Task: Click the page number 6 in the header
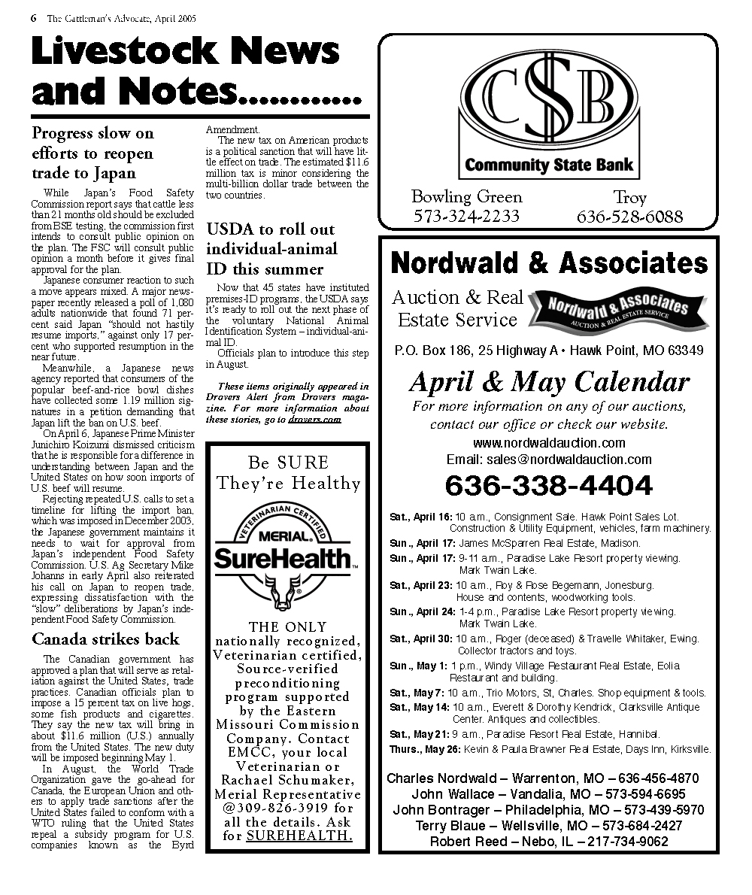coord(34,18)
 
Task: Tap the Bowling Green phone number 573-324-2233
coord(466,217)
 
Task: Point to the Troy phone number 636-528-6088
coord(629,217)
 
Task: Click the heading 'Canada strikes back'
coord(105,639)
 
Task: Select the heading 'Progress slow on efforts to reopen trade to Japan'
coord(92,153)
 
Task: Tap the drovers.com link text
coord(314,419)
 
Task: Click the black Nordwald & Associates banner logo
coord(608,309)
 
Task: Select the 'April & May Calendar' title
coord(549,382)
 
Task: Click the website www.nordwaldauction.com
coord(549,443)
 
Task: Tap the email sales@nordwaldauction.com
coord(549,460)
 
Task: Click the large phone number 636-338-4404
coord(549,486)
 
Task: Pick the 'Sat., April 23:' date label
coord(421,585)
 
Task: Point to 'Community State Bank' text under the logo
coord(549,165)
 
